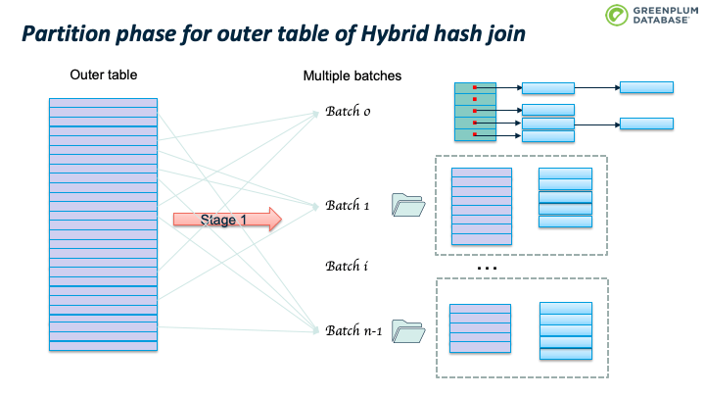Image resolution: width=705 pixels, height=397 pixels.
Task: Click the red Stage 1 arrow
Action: coord(226,220)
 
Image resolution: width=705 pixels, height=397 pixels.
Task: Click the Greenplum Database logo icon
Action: coord(616,17)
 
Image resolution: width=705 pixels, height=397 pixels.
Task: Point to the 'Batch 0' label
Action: coord(348,111)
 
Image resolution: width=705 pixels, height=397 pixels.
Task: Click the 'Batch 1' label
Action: coord(348,206)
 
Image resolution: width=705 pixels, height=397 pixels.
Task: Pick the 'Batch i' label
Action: coord(348,266)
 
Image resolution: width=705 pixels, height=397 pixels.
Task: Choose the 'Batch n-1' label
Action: coord(353,330)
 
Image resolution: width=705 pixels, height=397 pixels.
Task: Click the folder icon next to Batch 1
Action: coord(408,205)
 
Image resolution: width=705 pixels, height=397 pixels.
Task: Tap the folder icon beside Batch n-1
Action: coord(408,331)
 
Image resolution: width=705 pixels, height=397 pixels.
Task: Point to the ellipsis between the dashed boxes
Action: coord(487,268)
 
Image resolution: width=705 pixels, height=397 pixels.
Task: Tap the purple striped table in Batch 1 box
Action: coord(481,206)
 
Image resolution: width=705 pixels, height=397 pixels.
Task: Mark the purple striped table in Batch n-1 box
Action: coord(479,327)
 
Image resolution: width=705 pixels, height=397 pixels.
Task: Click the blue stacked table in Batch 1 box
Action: coord(566,198)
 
